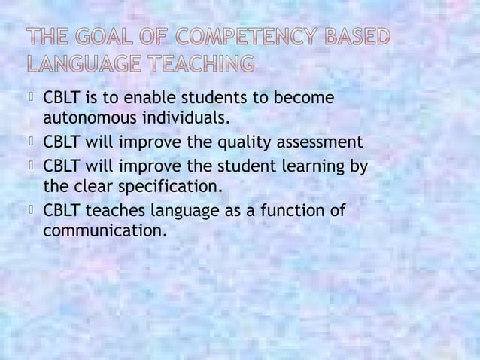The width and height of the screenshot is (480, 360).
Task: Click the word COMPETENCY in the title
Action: (x=248, y=38)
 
